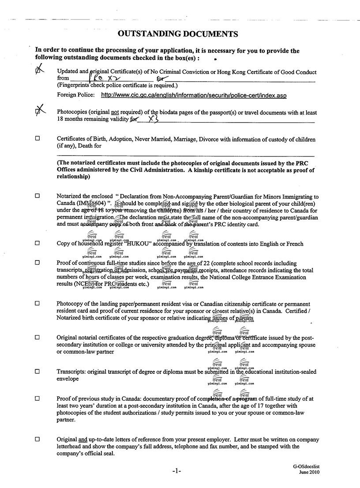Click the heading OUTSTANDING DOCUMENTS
pos(178,34)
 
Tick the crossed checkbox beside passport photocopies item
pos(39,112)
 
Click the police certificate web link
pos(194,95)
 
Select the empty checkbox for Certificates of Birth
pos(37,139)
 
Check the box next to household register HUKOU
pos(37,243)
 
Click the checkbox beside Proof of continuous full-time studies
pos(37,262)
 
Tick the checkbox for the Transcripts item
pos(37,372)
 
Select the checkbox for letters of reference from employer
pos(37,439)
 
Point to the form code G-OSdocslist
pos(305,466)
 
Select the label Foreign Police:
pos(75,95)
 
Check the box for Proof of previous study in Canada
pos(37,398)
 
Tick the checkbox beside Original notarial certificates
pos(37,337)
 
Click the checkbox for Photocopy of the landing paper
pos(37,304)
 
